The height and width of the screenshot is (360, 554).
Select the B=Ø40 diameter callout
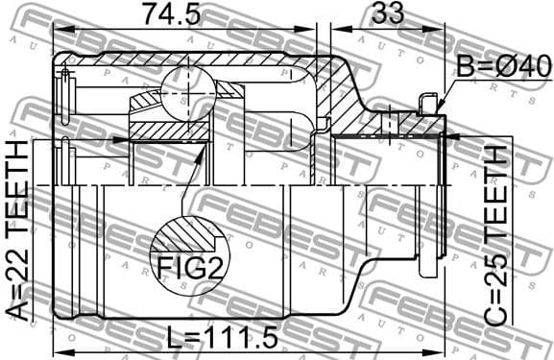pos(503,66)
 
